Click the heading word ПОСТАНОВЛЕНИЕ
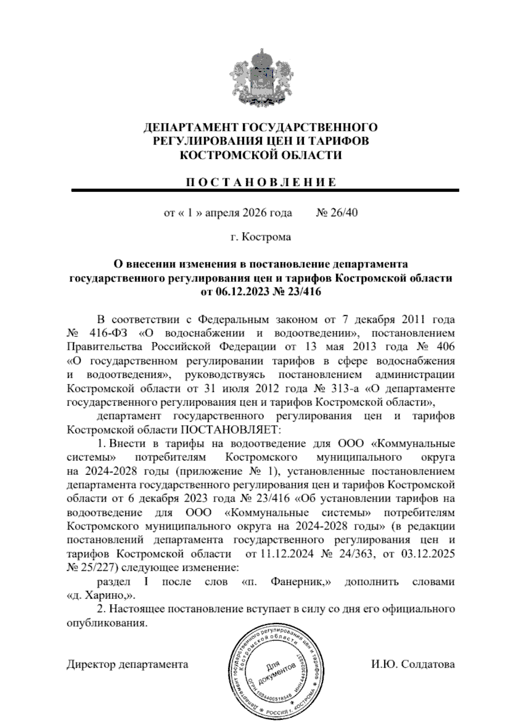coord(261,183)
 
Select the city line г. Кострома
coord(261,237)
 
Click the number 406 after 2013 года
coord(444,346)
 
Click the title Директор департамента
coord(127,664)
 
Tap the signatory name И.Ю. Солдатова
coord(412,664)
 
